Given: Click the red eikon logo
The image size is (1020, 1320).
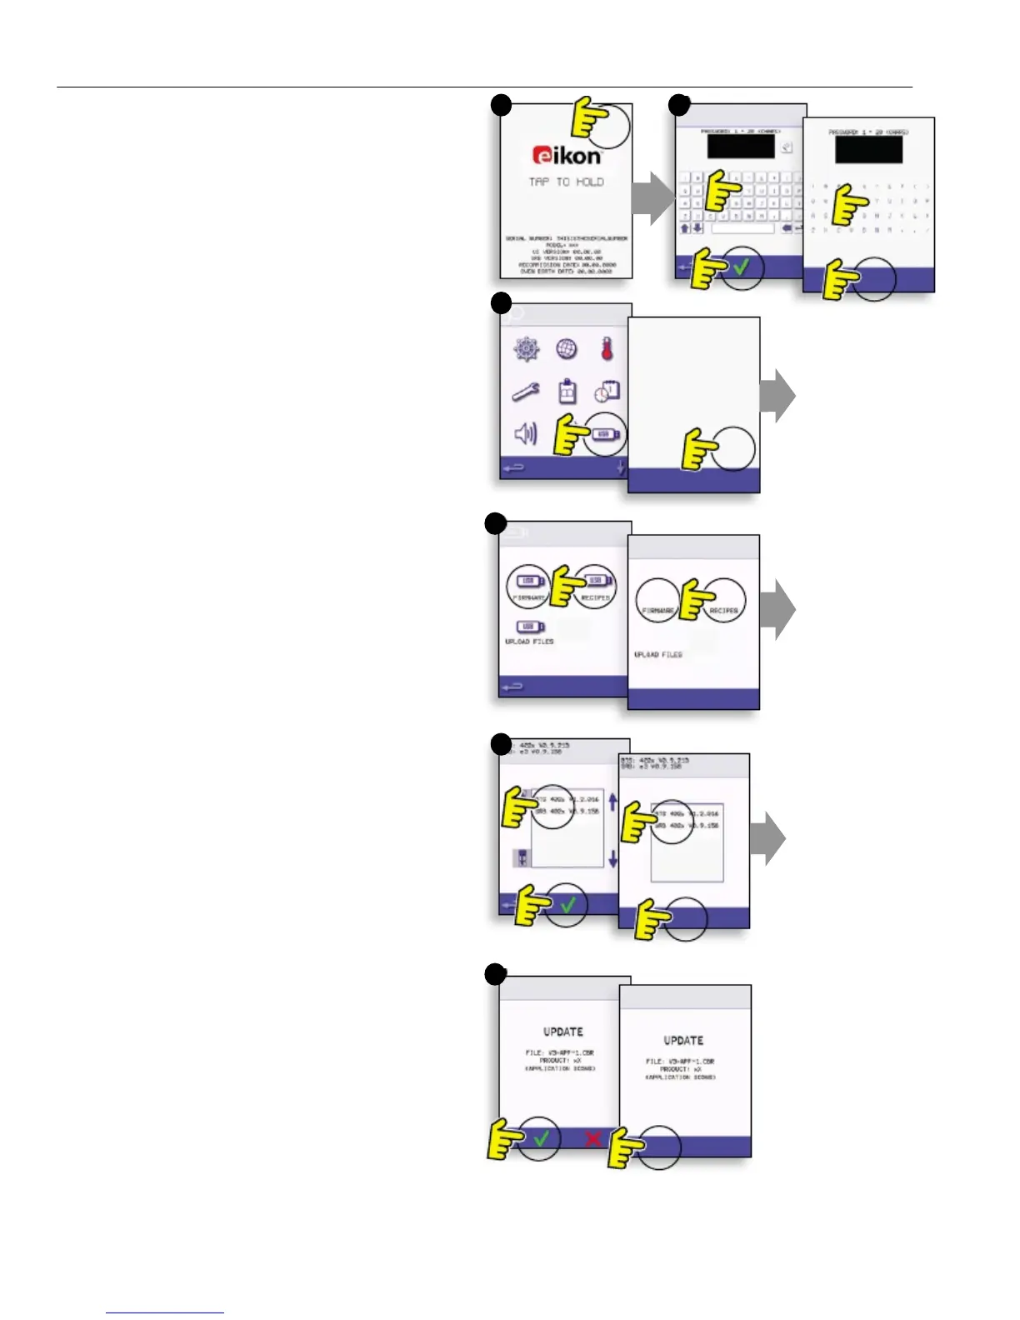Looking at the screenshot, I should click(567, 155).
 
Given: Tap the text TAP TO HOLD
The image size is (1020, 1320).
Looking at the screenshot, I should click(566, 182).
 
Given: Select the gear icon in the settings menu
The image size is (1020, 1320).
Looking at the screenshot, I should click(527, 349).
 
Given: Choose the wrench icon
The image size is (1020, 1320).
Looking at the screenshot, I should click(526, 391).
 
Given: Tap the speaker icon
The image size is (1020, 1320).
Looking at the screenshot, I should click(526, 433).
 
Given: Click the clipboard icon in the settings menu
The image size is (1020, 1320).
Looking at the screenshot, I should click(567, 391).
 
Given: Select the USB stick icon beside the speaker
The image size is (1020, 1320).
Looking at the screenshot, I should click(605, 434).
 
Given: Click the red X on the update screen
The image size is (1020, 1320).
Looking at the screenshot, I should click(592, 1138).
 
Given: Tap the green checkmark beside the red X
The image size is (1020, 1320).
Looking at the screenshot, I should click(542, 1137).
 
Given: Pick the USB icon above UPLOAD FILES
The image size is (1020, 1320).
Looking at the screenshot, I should click(530, 627).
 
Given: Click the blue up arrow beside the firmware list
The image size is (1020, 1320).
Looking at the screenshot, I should click(613, 802).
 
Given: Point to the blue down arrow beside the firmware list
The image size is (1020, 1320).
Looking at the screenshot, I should click(613, 858).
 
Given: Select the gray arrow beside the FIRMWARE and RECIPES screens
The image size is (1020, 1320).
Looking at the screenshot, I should click(777, 609).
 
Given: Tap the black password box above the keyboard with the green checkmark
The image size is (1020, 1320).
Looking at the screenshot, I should click(741, 146).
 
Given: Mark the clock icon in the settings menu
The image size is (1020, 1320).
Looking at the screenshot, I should click(607, 391).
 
